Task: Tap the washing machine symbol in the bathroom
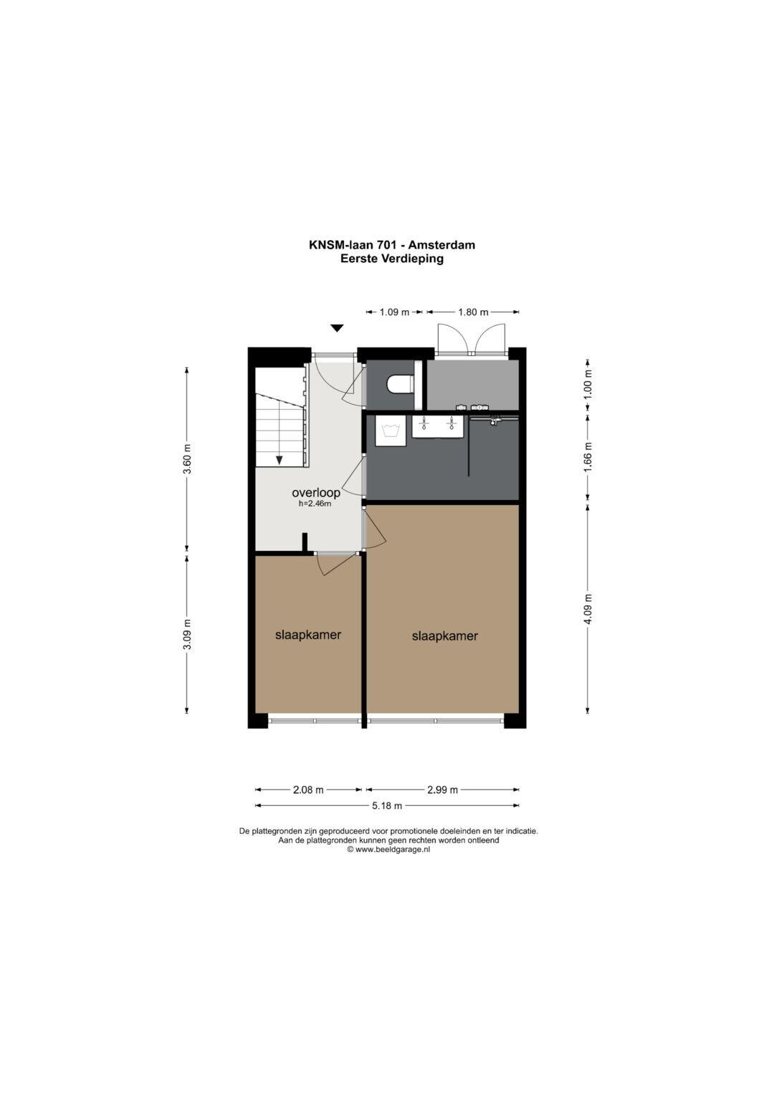tap(391, 431)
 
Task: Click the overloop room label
tap(315, 492)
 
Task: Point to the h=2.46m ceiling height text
tap(315, 504)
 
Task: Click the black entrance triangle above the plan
tap(337, 328)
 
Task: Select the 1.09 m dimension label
tap(394, 312)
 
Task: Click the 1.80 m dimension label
tap(473, 312)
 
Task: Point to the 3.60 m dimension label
tap(187, 458)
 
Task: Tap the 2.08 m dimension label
tap(308, 790)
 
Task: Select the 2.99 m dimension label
tap(443, 790)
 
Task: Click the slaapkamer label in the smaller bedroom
tap(308, 635)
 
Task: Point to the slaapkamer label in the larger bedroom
tap(444, 636)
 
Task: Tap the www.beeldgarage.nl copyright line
tap(388, 849)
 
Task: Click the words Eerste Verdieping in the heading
tap(392, 259)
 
